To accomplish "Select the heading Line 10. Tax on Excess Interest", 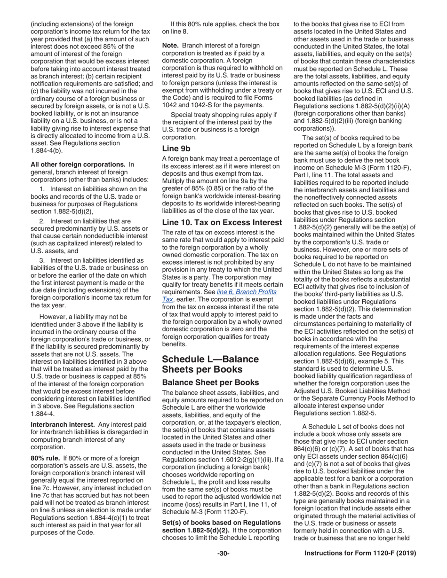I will (222, 222).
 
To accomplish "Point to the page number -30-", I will (223, 553).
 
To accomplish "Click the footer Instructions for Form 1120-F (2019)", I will (360, 553).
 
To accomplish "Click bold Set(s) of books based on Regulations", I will (222, 522).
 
